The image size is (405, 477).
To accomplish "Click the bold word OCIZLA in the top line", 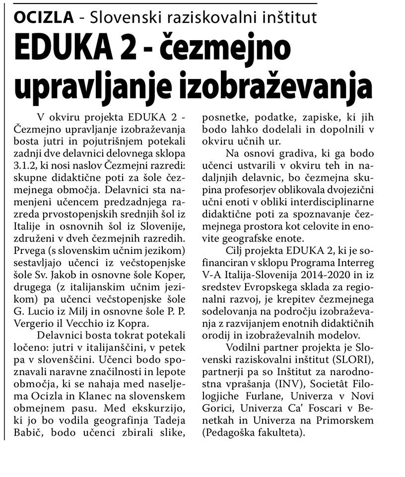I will point(43,17).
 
